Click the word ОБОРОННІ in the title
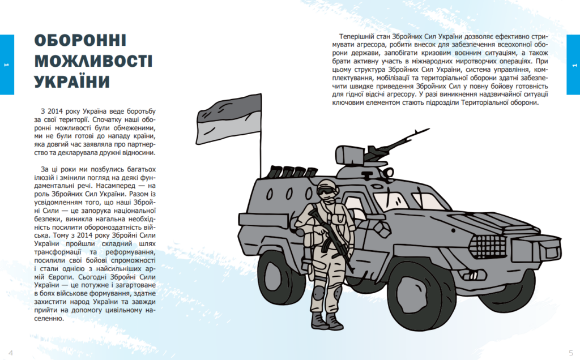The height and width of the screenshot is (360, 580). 80,41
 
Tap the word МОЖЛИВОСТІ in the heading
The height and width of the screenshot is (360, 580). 93,61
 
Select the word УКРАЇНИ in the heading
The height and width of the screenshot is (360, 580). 72,82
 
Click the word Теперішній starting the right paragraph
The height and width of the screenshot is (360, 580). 358,36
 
